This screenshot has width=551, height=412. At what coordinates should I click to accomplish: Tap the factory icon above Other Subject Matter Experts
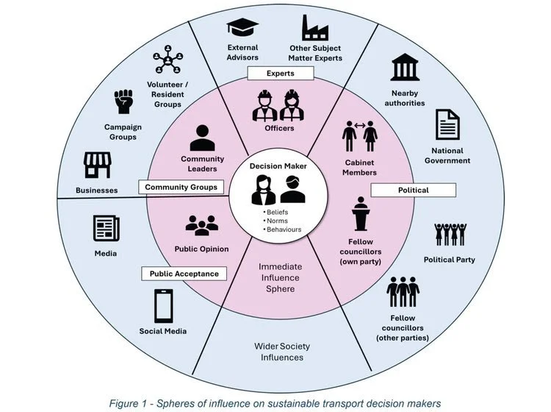[315, 28]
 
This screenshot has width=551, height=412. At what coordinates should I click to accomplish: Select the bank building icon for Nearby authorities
[406, 67]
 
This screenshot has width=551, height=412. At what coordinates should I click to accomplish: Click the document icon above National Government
[447, 124]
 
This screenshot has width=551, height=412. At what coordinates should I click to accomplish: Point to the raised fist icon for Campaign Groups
[123, 103]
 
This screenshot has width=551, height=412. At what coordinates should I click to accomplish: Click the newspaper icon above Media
[107, 227]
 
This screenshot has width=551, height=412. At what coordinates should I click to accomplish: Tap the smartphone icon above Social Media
[163, 305]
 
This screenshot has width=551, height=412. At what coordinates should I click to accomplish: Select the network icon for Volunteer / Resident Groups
[168, 61]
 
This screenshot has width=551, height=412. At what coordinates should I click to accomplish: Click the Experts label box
[280, 74]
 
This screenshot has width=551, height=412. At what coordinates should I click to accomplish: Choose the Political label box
[414, 190]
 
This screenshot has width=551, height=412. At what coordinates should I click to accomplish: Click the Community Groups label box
[181, 188]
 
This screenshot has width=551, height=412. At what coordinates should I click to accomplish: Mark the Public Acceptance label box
[184, 274]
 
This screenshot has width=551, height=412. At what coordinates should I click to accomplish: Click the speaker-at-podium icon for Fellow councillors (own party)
[360, 213]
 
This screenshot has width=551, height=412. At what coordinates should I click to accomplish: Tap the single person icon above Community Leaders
[202, 138]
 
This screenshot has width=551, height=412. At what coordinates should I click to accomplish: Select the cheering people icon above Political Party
[449, 235]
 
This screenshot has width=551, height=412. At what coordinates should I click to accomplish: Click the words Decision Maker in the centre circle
[278, 166]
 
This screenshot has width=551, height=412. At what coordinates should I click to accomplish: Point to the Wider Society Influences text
[278, 352]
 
